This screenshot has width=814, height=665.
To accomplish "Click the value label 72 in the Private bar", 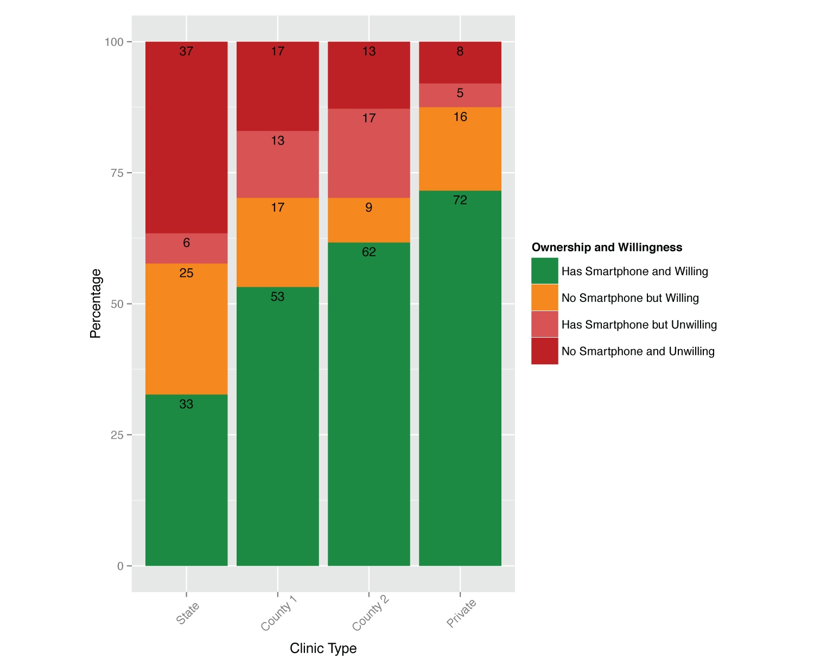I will [460, 200].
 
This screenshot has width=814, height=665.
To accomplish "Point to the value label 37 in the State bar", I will [186, 52].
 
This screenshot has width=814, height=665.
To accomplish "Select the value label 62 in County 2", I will [368, 252].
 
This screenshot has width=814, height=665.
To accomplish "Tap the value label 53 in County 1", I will [277, 297].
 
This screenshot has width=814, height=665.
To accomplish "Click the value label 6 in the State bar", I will [186, 243].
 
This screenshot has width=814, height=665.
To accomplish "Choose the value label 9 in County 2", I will [368, 207].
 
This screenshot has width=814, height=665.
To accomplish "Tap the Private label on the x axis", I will [461, 613].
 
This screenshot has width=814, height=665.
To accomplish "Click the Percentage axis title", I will [96, 303].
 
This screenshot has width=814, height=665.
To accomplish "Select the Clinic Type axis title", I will [323, 648].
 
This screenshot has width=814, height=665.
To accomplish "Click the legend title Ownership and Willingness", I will [607, 248].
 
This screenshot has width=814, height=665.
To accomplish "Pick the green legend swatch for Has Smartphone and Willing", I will [544, 271].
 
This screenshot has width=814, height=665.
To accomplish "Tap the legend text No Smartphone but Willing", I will [629, 298].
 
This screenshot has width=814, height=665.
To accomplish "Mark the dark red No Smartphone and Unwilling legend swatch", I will [544, 351].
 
